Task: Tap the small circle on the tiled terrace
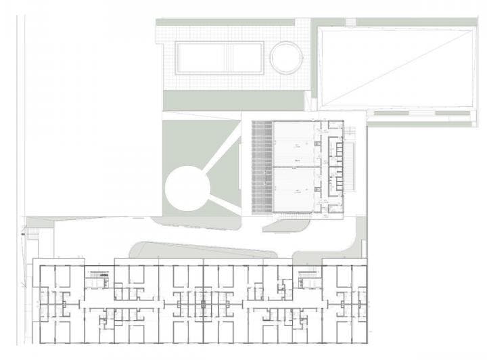(285, 57)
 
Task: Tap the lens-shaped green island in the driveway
(203, 250)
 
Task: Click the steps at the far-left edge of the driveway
(30, 237)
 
